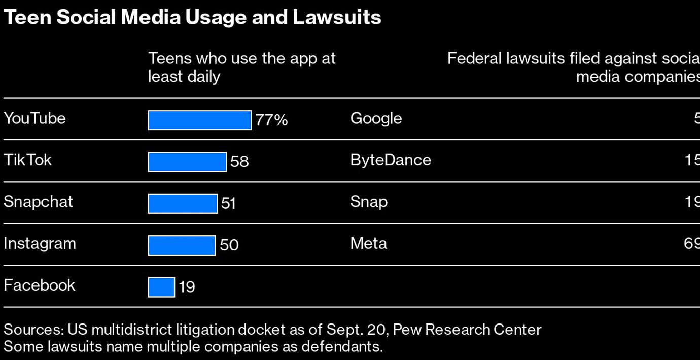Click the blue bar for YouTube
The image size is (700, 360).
pos(199,120)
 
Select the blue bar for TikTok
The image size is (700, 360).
pos(187,162)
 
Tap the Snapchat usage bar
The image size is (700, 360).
pos(183,203)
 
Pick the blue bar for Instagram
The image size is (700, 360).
pos(182,245)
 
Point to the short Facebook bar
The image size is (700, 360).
pos(161,287)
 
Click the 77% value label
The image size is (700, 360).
pos(271,120)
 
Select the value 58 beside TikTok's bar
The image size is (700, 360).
pos(239,162)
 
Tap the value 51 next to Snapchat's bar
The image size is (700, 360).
pos(229,203)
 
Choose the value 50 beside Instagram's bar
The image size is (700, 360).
pos(229,245)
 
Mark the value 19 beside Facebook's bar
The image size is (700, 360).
pos(187,287)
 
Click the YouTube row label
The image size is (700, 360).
pos(34,118)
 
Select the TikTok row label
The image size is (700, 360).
pos(28,160)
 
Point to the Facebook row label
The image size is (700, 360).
pos(40,285)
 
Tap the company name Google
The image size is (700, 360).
pos(376,118)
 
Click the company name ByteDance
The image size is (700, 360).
pos(391,160)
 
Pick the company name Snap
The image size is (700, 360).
pos(369,202)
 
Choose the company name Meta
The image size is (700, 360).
pos(368,243)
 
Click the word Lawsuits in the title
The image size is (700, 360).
pos(337,18)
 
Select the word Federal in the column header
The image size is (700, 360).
pos(474,59)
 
